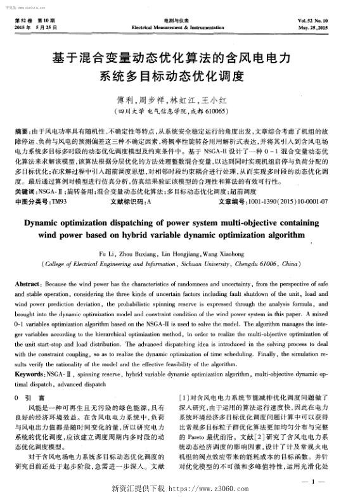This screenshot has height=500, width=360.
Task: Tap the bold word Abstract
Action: (x=27, y=268)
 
